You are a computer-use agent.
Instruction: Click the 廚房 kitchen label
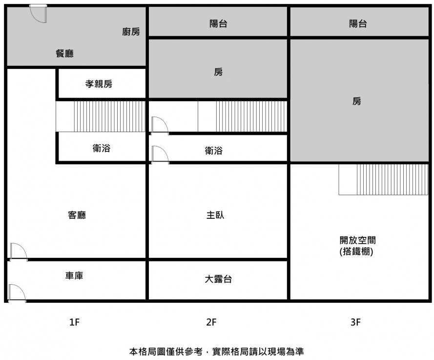pos(131,32)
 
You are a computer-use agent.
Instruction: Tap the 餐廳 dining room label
pos(65,54)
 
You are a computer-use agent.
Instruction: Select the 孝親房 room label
pos(99,84)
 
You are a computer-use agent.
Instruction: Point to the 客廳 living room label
pos(77,215)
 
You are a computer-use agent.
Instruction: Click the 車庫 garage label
pos(74,276)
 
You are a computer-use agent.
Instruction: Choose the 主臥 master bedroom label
pos(215,215)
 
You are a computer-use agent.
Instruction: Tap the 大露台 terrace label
pos(218,279)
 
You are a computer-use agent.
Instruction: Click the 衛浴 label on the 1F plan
pos(101,148)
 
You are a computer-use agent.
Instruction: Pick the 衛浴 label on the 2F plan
pos(213,151)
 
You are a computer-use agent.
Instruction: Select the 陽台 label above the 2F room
pos(218,23)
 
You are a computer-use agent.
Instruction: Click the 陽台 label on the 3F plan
pos(358,23)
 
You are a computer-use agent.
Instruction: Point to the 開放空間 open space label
pos(358,240)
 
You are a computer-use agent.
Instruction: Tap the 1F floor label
pos(74,322)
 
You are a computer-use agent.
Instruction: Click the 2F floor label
pos(211,322)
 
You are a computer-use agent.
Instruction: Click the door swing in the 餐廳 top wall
pos(38,13)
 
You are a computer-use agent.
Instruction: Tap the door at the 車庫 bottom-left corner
pos(17,293)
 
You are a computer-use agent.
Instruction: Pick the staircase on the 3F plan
pos(383,179)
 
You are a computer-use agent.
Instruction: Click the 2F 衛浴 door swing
pos(160,154)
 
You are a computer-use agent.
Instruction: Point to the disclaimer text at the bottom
pos(217,351)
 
